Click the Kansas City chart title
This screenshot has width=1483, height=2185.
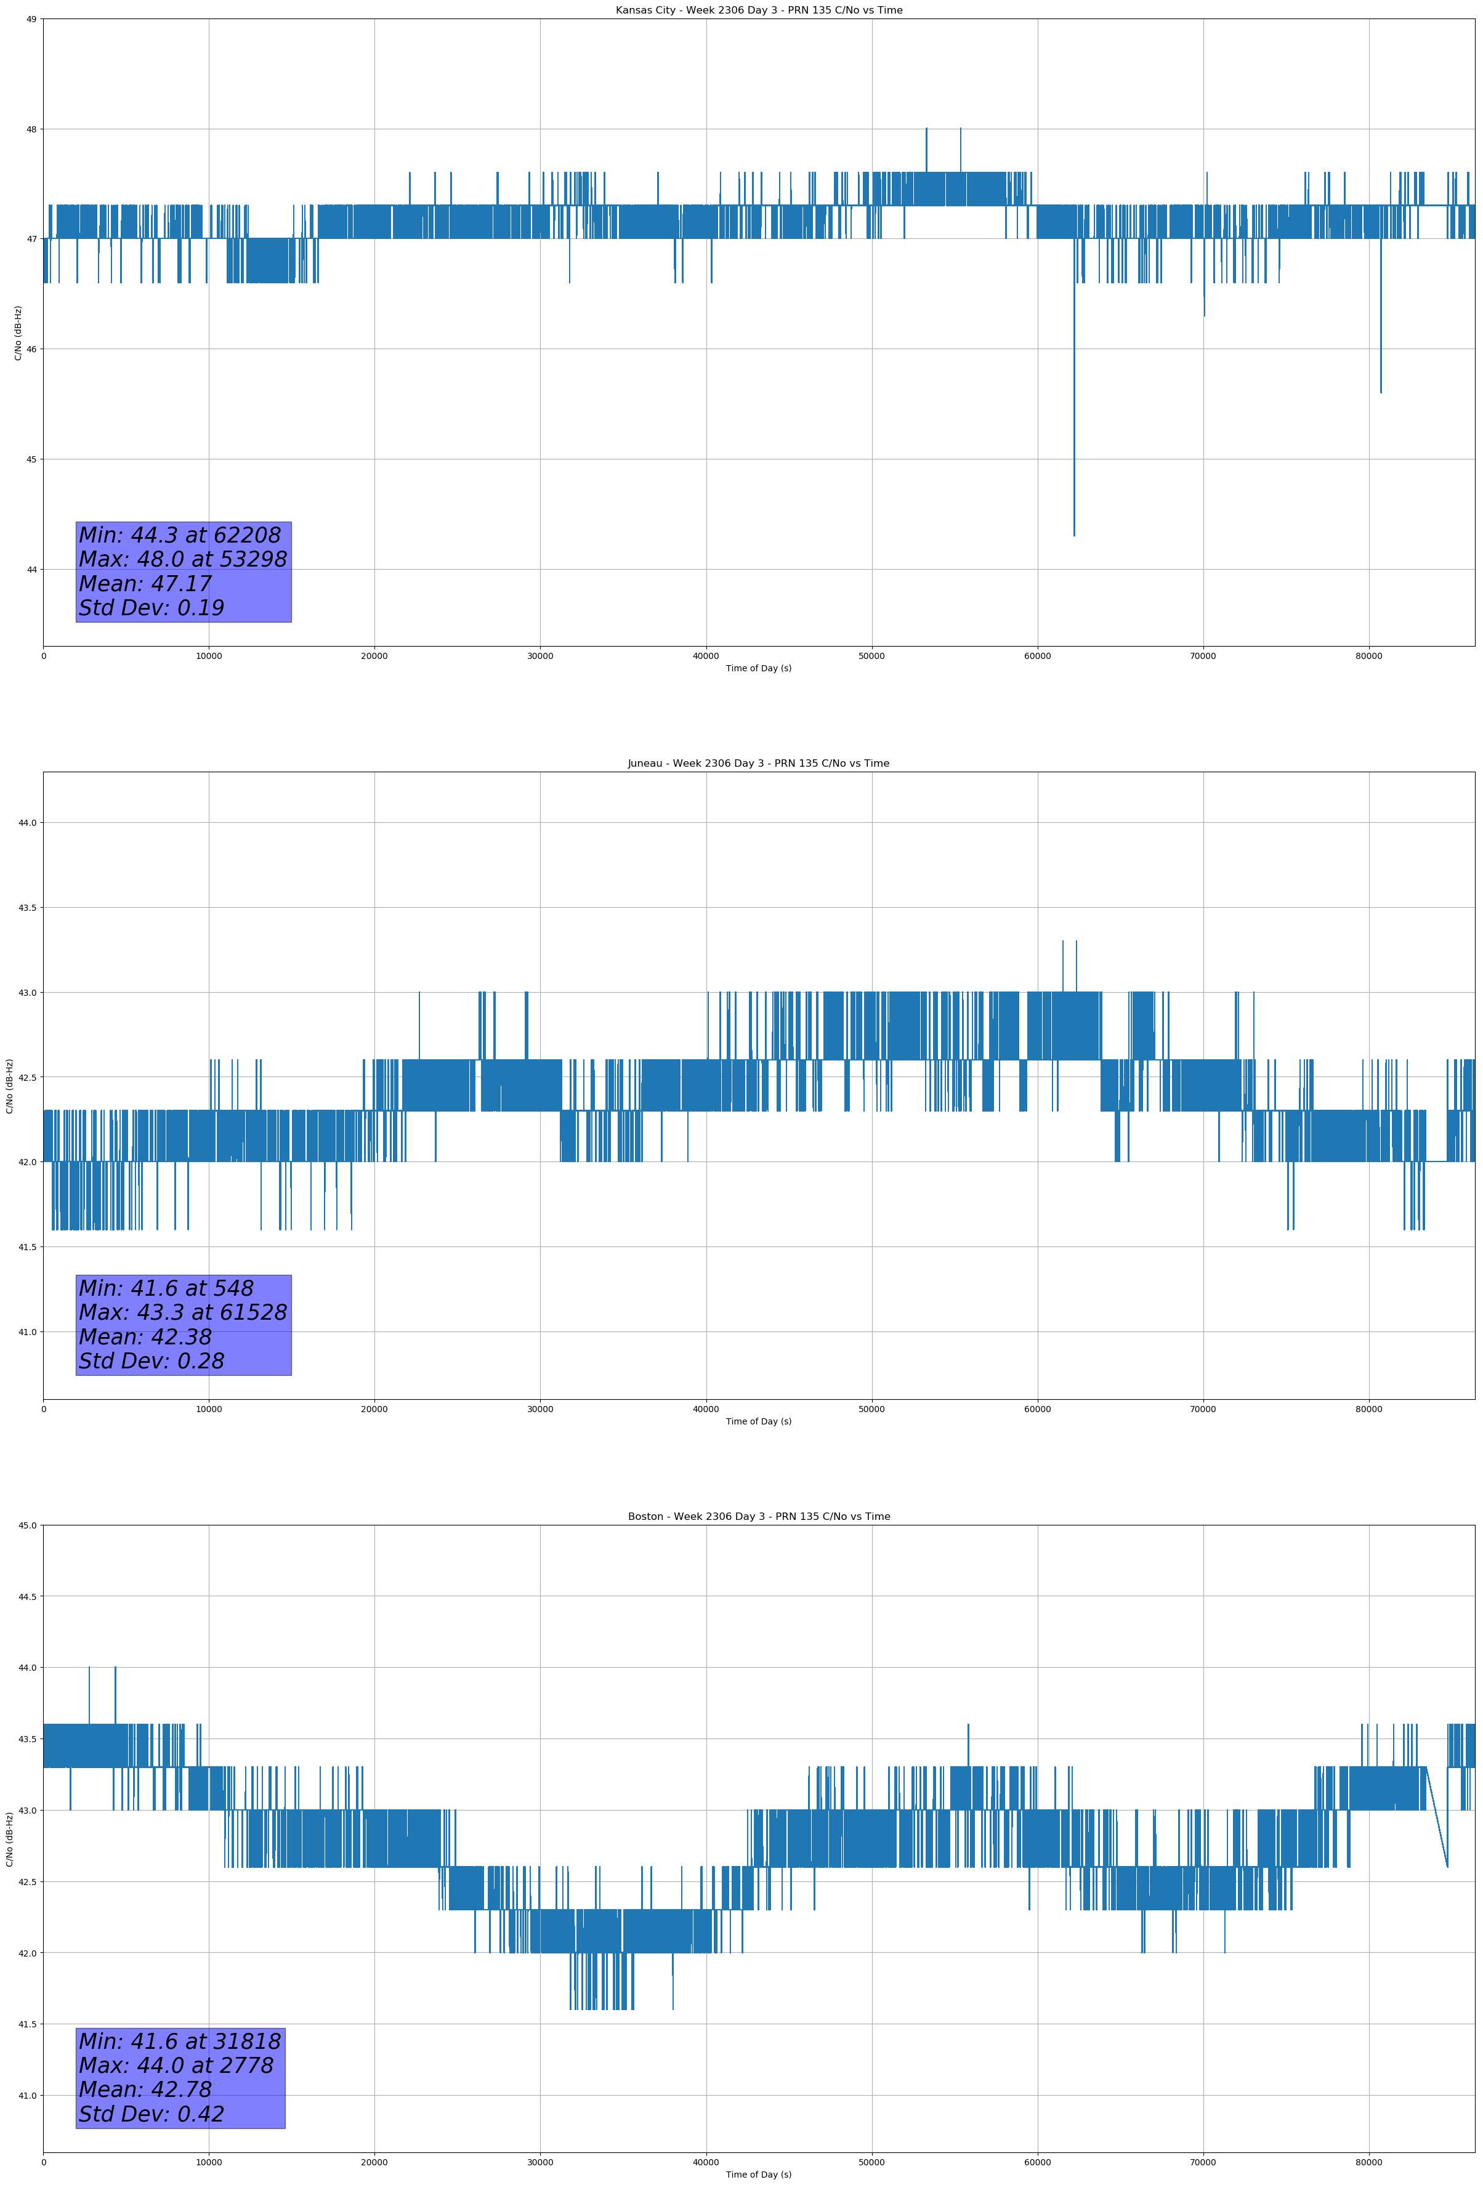point(758,10)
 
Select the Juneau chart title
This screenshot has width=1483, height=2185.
point(758,764)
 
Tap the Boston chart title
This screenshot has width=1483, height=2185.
point(758,1517)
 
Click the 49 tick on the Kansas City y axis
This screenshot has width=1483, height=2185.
point(31,19)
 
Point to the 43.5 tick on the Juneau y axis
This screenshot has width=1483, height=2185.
point(27,907)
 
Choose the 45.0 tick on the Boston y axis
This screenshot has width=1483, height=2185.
point(27,1525)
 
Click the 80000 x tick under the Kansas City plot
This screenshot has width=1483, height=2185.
point(1368,656)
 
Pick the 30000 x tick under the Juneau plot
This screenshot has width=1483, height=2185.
point(539,1409)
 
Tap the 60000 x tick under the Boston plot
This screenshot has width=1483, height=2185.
point(1037,2162)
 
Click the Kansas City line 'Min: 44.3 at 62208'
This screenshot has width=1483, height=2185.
point(180,535)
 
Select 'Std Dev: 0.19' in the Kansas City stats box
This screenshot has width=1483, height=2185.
point(152,608)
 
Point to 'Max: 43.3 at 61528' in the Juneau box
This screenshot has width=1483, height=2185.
point(182,1312)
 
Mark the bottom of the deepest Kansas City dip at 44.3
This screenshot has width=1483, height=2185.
point(1074,536)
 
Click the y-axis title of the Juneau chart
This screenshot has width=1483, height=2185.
point(9,1086)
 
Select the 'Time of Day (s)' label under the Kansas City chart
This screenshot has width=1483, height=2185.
point(758,668)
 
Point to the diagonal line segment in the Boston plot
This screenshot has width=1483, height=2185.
point(1437,1817)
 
